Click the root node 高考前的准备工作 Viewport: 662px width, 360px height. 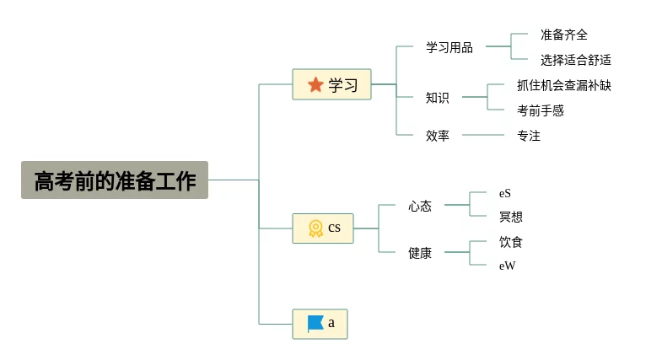[x=115, y=180]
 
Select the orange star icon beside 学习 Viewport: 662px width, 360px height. [x=316, y=84]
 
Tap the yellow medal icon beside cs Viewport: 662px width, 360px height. [x=315, y=228]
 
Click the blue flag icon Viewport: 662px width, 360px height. [x=315, y=324]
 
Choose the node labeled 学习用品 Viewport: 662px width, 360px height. [x=449, y=47]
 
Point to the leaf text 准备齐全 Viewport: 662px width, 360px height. [x=563, y=35]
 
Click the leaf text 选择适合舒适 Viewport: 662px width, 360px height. [x=575, y=60]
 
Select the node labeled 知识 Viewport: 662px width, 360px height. [x=437, y=98]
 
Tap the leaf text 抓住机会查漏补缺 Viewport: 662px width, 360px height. [x=563, y=85]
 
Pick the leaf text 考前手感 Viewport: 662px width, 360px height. [x=540, y=110]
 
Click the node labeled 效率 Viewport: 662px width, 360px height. [x=437, y=135]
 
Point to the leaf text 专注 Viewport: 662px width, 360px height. [x=528, y=135]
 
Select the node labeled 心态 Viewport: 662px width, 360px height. [x=420, y=206]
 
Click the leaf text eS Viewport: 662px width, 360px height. [x=504, y=193]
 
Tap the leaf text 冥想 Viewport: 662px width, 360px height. [x=510, y=217]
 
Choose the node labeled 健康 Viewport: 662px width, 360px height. [x=420, y=252]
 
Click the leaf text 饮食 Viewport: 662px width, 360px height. [x=510, y=242]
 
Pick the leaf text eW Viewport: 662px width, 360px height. [x=506, y=266]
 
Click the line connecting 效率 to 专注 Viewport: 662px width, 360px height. [x=482, y=135]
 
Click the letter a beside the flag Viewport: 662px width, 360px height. [x=331, y=323]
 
